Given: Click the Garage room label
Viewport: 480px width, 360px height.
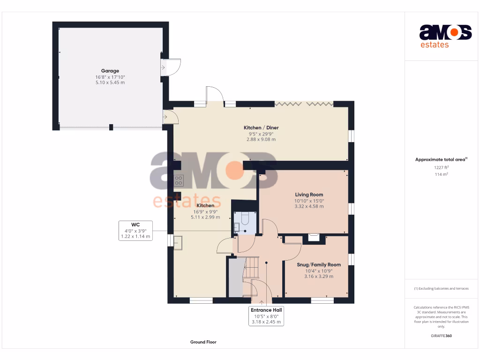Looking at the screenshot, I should point(110,71).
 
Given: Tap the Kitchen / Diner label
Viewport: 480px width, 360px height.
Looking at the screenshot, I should point(261,127).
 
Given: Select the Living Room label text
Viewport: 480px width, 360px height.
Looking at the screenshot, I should point(309,195).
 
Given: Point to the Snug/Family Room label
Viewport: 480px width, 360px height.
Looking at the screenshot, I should point(319,265).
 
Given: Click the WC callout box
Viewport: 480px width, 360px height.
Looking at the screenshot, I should point(135,231).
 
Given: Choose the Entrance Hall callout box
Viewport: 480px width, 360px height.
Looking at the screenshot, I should point(266,316).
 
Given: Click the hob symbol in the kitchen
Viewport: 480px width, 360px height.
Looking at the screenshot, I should point(179,180).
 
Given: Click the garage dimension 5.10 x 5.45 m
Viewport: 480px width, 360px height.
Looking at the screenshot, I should point(110,82).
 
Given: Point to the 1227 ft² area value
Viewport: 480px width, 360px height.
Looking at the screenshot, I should point(441,167).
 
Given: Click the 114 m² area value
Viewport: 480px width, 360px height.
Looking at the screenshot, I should point(441,174).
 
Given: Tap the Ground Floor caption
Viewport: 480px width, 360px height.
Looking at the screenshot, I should point(203,342).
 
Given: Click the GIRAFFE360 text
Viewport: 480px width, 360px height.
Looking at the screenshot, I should point(441,336).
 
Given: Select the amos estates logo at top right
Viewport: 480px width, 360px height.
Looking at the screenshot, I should point(445,36).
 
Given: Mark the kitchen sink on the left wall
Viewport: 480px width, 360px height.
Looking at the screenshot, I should point(179,243).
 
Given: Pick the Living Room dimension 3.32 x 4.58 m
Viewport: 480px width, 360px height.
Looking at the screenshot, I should point(309,206).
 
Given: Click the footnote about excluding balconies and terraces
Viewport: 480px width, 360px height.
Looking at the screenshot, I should point(441,288).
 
